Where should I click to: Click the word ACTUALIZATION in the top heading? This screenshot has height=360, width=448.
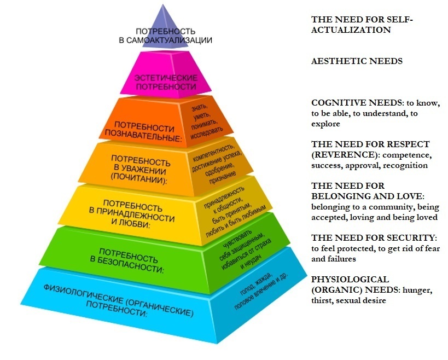(x=351, y=30)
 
